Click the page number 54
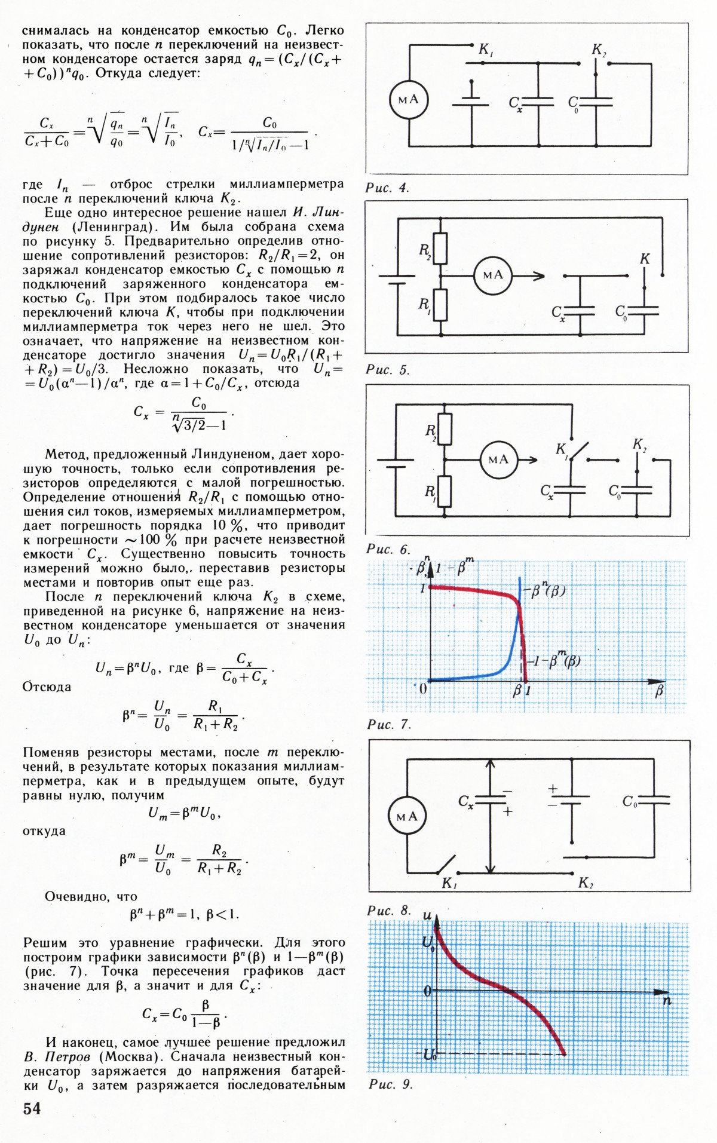[32, 1108]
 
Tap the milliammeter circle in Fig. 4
[409, 99]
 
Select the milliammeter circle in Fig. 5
[493, 275]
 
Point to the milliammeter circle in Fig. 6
[498, 459]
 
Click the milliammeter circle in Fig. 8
[407, 816]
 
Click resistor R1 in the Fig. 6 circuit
[444, 491]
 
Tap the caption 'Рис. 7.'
[389, 725]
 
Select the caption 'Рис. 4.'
[387, 188]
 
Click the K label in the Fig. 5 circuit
[644, 259]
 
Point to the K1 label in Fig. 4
[486, 50]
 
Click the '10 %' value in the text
[229, 526]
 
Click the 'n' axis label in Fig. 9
[667, 1001]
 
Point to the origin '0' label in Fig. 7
[423, 689]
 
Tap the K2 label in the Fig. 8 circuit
[586, 883]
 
